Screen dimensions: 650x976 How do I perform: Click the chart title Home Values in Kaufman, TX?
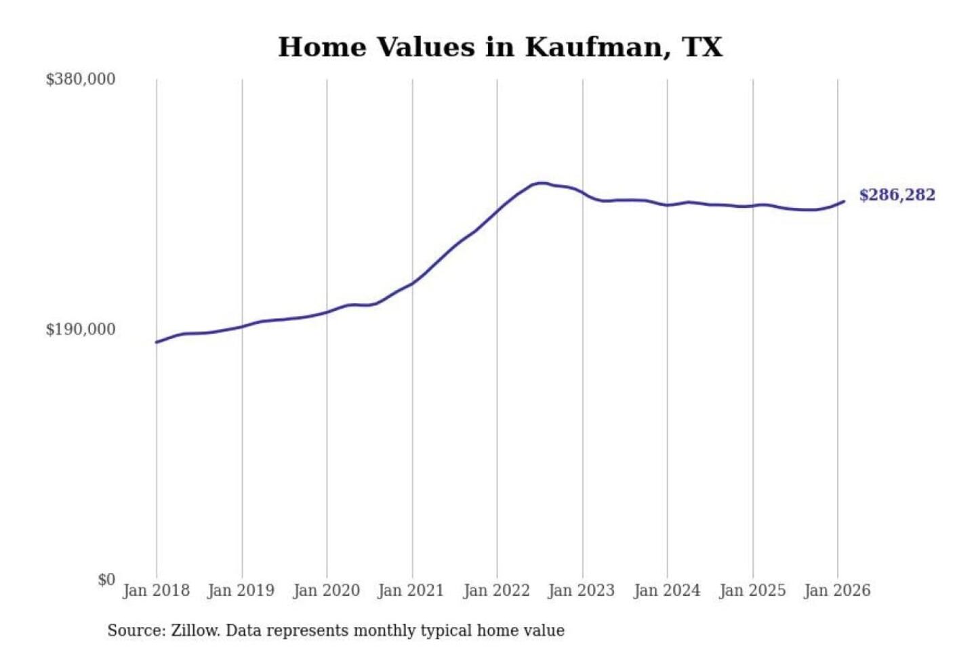click(500, 47)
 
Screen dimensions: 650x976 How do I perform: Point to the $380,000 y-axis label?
click(81, 79)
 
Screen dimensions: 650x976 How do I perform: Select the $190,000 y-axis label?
click(81, 330)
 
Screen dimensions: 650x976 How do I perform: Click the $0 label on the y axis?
click(106, 580)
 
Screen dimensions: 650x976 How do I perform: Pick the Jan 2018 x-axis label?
click(156, 590)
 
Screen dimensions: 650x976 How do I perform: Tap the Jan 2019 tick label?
click(241, 590)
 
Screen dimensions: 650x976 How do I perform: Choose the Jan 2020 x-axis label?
click(326, 590)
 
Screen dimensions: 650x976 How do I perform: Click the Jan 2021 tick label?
click(411, 590)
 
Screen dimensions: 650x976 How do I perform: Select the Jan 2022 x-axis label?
click(496, 590)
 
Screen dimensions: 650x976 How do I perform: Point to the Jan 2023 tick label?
click(581, 590)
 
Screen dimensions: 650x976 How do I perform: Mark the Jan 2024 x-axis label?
click(666, 590)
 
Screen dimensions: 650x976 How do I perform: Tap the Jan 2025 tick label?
click(752, 590)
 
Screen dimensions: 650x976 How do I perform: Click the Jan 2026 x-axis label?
click(836, 590)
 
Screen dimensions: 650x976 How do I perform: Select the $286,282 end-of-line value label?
click(897, 195)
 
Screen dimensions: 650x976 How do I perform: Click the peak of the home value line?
click(540, 183)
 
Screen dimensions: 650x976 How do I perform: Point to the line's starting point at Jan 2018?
click(157, 342)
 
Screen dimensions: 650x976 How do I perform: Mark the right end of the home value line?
click(844, 201)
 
